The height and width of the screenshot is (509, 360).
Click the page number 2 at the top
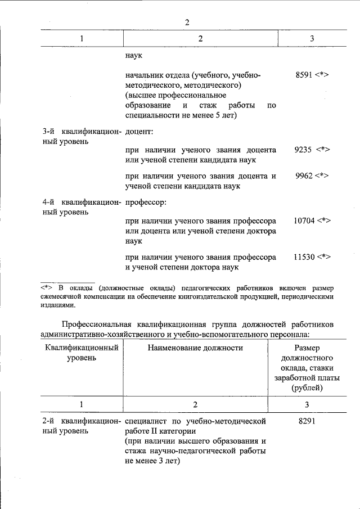click(188, 22)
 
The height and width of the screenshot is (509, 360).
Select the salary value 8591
click(304, 75)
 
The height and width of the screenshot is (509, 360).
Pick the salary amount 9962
click(304, 175)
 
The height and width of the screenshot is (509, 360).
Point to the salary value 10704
click(304, 221)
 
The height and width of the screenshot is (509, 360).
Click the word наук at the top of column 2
click(134, 56)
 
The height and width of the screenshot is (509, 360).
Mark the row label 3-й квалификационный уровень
click(82, 137)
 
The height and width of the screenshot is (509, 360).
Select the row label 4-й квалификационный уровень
click(82, 207)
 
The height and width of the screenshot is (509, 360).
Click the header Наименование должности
click(195, 348)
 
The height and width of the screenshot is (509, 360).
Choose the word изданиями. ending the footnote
click(57, 305)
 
